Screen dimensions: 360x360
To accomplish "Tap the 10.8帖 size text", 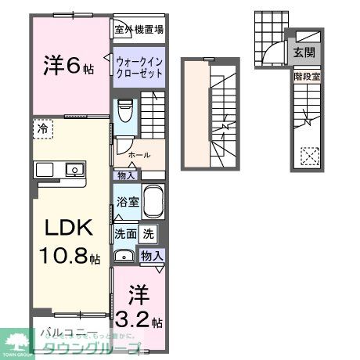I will click(70, 257).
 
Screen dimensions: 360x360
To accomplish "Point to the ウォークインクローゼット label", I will click(139, 65).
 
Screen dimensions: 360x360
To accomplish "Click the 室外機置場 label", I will click(139, 31).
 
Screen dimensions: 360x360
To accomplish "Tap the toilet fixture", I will click(124, 112).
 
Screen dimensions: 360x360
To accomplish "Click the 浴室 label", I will click(128, 202).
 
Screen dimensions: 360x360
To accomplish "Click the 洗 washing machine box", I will click(149, 232).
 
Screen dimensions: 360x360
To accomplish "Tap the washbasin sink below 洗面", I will click(124, 256).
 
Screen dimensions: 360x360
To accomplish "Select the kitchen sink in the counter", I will click(74, 169).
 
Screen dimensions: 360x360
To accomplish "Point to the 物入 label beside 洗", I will click(151, 256).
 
